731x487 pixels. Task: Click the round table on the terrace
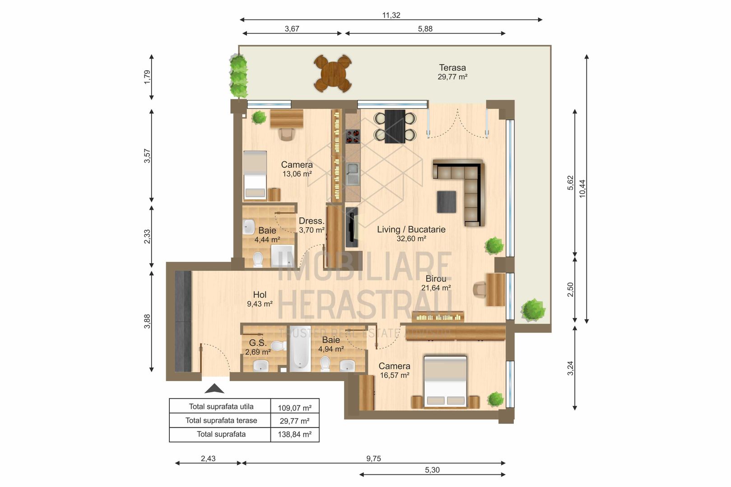pyautogui.click(x=333, y=73)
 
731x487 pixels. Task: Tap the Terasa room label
pyautogui.click(x=452, y=68)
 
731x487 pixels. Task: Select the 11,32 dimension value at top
pyautogui.click(x=391, y=15)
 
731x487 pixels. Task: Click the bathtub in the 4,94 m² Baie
pyautogui.click(x=299, y=349)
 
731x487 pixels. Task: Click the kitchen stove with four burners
pyautogui.click(x=353, y=136)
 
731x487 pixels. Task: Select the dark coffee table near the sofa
pyautogui.click(x=446, y=202)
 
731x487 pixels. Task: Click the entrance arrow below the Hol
pyautogui.click(x=214, y=389)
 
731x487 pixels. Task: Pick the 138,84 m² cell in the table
pyautogui.click(x=294, y=435)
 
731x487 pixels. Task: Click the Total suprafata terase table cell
pyautogui.click(x=221, y=420)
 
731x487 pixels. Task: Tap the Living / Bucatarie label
pyautogui.click(x=411, y=230)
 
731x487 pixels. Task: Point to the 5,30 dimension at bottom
pyautogui.click(x=432, y=470)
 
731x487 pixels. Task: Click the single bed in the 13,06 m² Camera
pyautogui.click(x=255, y=175)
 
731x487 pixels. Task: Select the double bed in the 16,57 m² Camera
pyautogui.click(x=445, y=381)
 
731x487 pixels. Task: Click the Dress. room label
pyautogui.click(x=312, y=221)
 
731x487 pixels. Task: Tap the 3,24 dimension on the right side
pyautogui.click(x=570, y=368)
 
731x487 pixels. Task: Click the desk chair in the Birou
pyautogui.click(x=480, y=289)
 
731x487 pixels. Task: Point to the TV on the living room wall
pyautogui.click(x=351, y=227)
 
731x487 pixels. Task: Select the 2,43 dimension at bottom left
pyautogui.click(x=208, y=459)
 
